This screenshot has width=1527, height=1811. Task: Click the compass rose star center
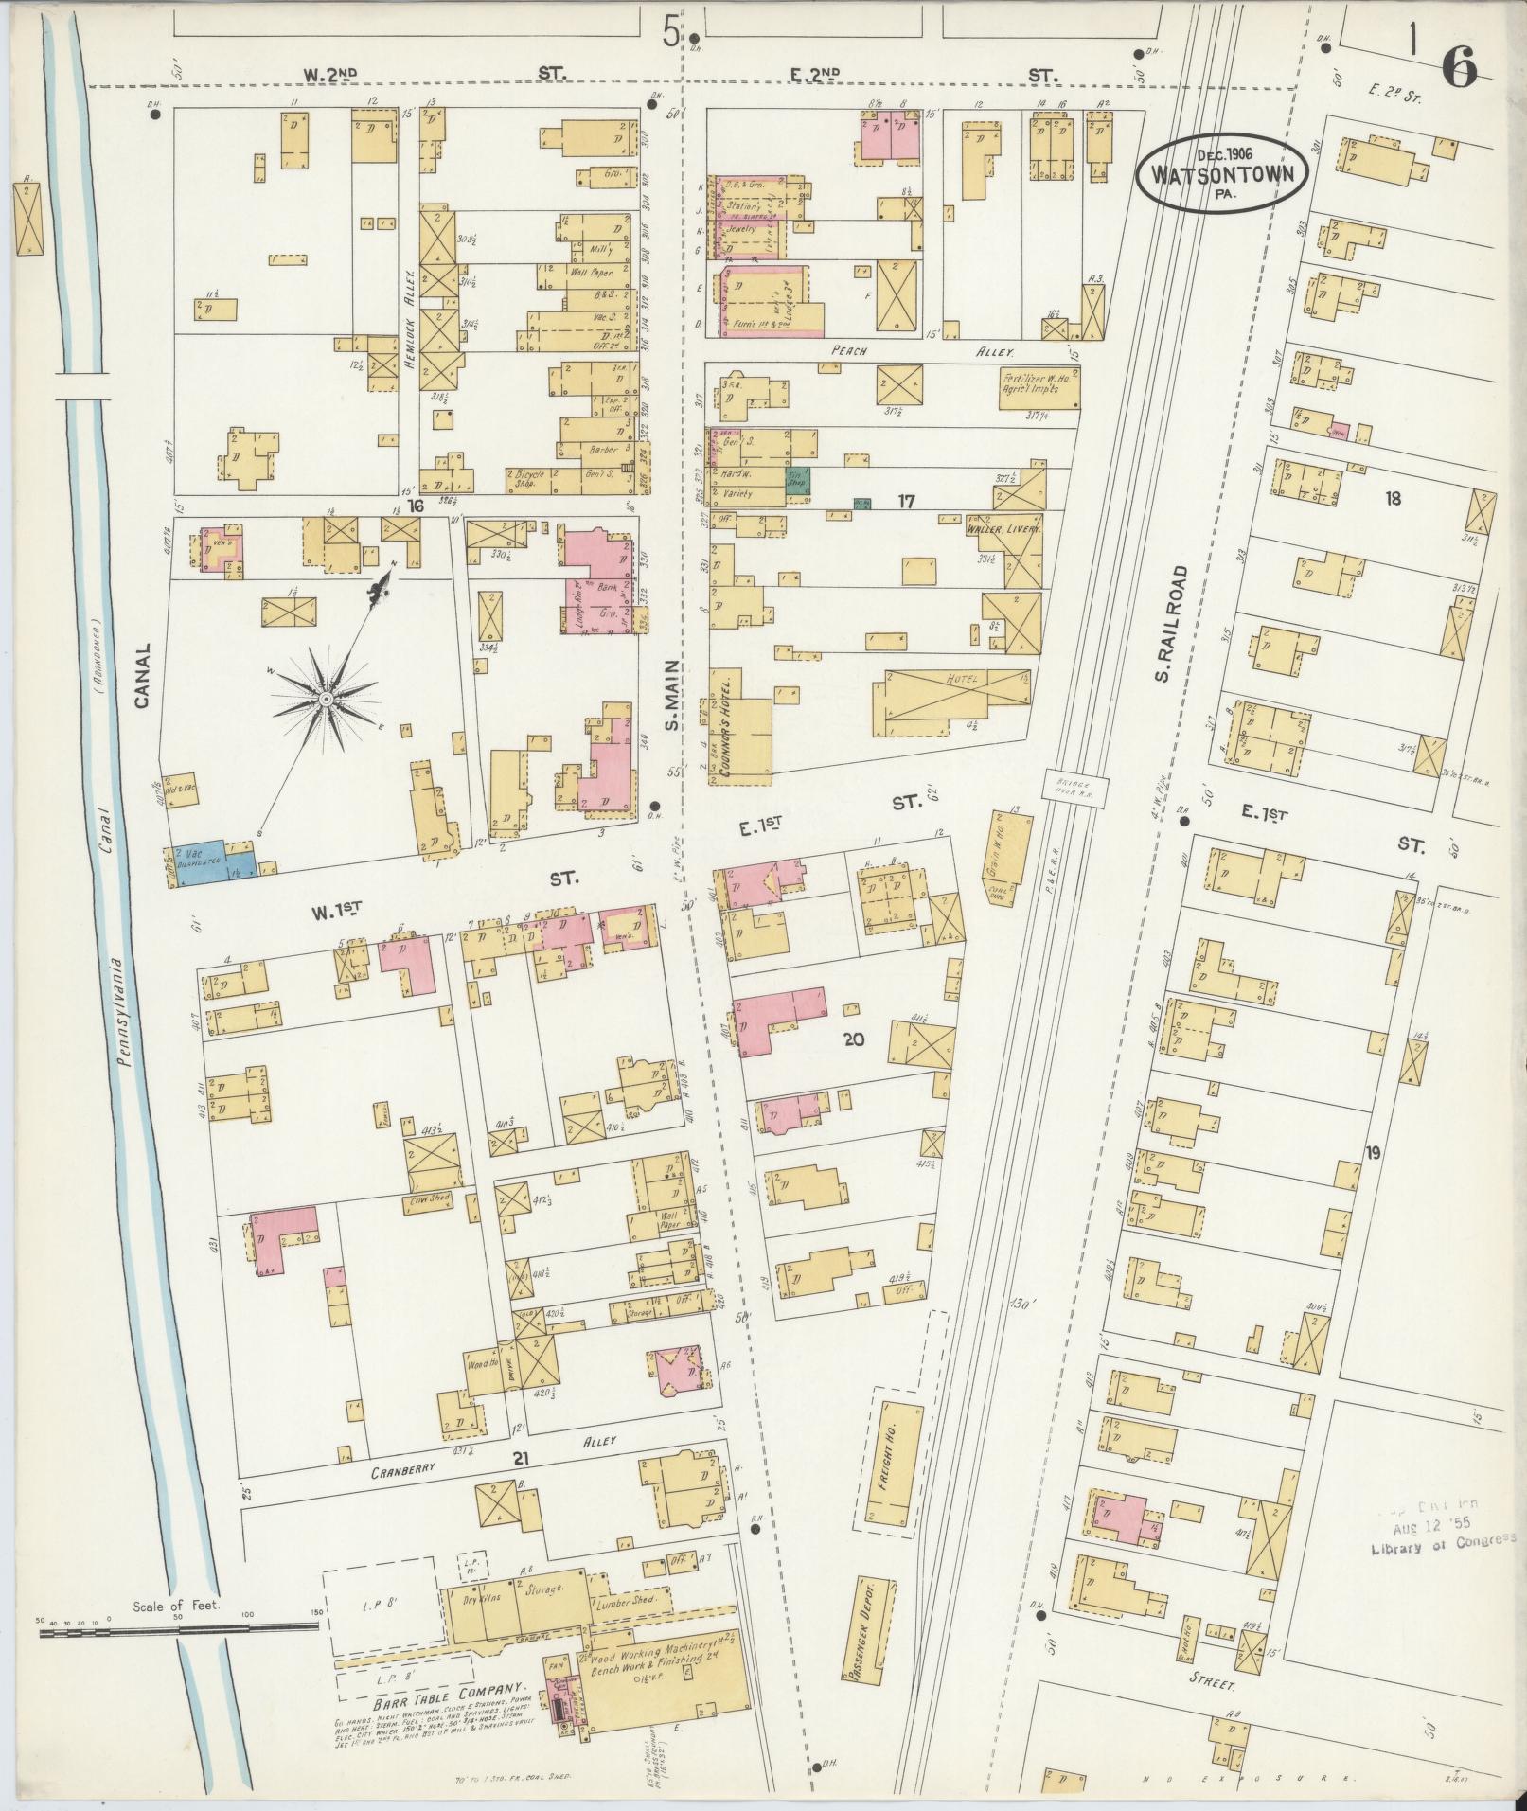click(x=325, y=699)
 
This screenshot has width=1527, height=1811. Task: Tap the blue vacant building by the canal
click(x=210, y=861)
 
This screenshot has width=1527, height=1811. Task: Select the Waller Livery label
click(x=1003, y=531)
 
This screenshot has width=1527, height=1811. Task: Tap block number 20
click(x=853, y=1039)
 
